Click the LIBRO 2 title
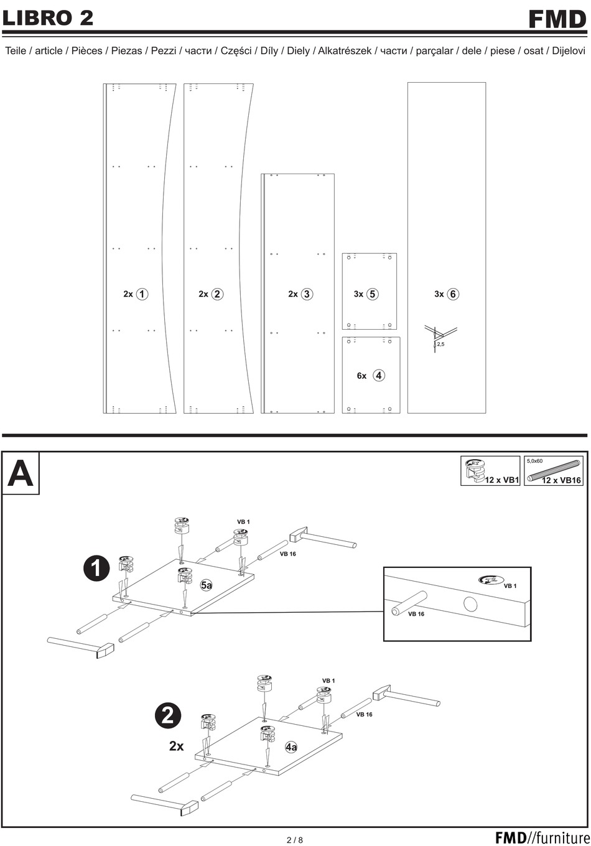pyautogui.click(x=49, y=18)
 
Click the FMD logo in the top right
pyautogui.click(x=557, y=19)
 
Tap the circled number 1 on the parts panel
pyautogui.click(x=142, y=294)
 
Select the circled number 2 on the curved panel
pyautogui.click(x=217, y=294)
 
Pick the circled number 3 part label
pyautogui.click(x=307, y=294)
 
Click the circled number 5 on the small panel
pyautogui.click(x=372, y=294)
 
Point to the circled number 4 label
pyautogui.click(x=379, y=376)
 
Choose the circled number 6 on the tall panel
pyautogui.click(x=453, y=294)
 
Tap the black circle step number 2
pyautogui.click(x=167, y=716)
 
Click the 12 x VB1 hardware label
pyautogui.click(x=501, y=480)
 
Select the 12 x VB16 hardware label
pyautogui.click(x=561, y=480)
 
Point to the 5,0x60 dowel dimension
pyautogui.click(x=535, y=462)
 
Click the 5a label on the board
pyautogui.click(x=206, y=585)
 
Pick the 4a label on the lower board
pyautogui.click(x=291, y=747)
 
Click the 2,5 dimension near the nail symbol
pyautogui.click(x=440, y=343)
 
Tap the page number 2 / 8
pyautogui.click(x=295, y=840)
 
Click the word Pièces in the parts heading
pyautogui.click(x=86, y=51)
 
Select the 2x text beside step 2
pyautogui.click(x=177, y=746)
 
